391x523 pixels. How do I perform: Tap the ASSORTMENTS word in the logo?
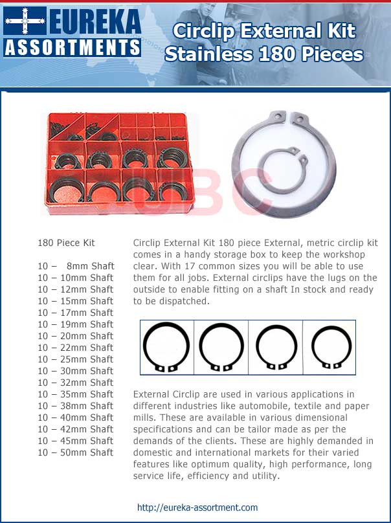72,47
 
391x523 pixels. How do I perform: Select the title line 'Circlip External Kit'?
264,32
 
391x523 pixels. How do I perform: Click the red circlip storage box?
118,163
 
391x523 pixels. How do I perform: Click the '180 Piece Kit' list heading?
66,243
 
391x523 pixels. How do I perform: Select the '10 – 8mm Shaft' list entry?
76,266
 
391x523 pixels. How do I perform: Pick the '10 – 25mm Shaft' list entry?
76,359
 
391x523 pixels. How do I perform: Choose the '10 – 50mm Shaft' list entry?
76,452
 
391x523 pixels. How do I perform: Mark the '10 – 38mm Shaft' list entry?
76,406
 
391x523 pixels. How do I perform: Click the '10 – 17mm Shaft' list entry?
76,313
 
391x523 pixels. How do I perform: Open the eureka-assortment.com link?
197,508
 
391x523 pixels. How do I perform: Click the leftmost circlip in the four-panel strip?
166,348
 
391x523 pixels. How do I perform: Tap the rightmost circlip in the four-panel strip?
331,348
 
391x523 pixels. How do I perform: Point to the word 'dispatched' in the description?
168,301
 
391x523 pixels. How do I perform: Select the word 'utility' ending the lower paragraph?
262,476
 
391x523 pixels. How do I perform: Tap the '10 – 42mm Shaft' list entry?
76,429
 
